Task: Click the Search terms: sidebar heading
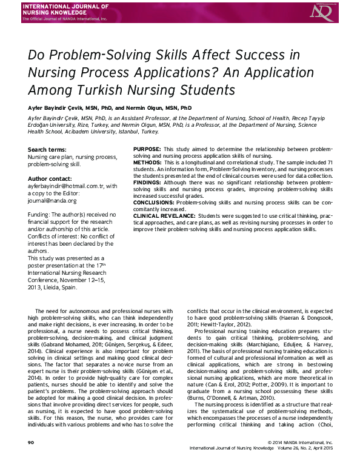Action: (x=47, y=150)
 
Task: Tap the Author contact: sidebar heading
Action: (x=50, y=178)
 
